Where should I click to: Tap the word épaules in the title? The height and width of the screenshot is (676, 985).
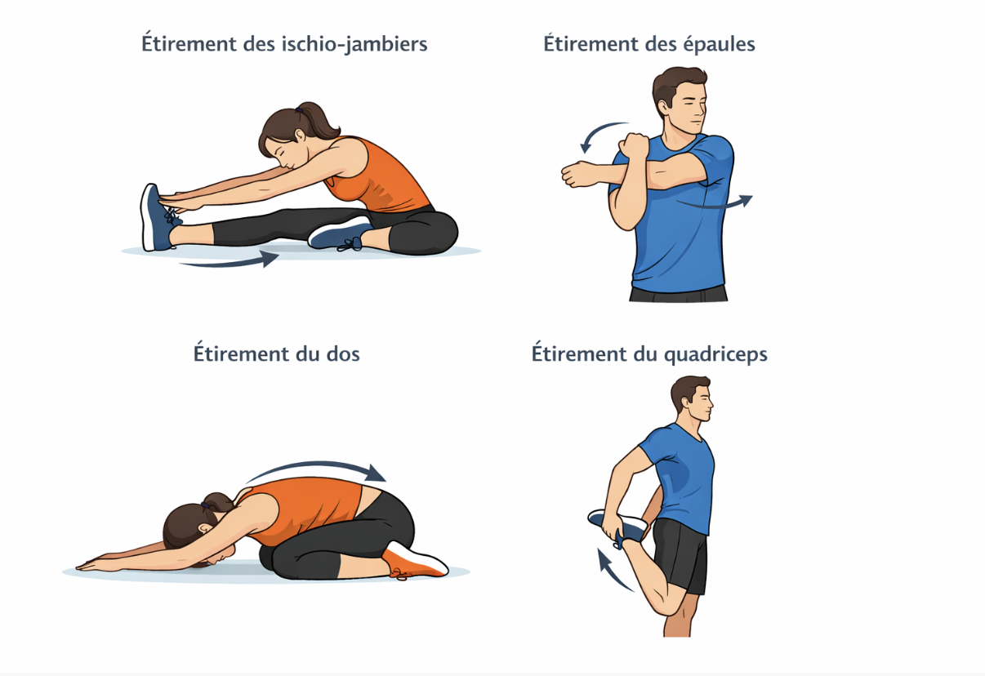click(x=718, y=44)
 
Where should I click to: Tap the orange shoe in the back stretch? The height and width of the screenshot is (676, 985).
click(x=415, y=561)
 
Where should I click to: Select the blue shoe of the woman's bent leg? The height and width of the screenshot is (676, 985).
click(x=339, y=234)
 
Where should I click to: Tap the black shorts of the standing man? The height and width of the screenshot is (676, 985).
click(x=680, y=555)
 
